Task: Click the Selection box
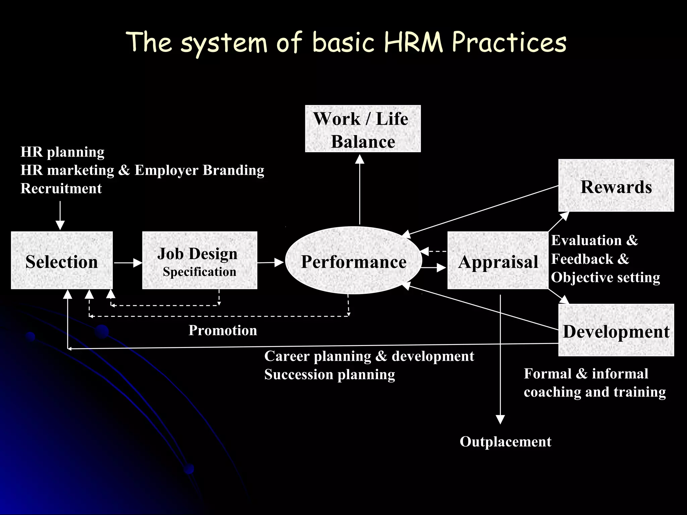click(62, 261)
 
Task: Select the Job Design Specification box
click(200, 261)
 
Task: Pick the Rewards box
click(616, 185)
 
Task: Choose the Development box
click(616, 330)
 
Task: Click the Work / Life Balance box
click(363, 129)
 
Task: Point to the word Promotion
click(223, 331)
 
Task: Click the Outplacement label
click(505, 442)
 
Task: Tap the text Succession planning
click(329, 375)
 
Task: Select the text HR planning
click(62, 152)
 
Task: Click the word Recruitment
click(61, 188)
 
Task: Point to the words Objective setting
click(605, 278)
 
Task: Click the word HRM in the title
click(413, 43)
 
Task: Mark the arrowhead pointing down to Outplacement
click(500, 419)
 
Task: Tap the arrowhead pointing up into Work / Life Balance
click(360, 159)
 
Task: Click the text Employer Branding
click(199, 170)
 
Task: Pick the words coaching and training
click(595, 392)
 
